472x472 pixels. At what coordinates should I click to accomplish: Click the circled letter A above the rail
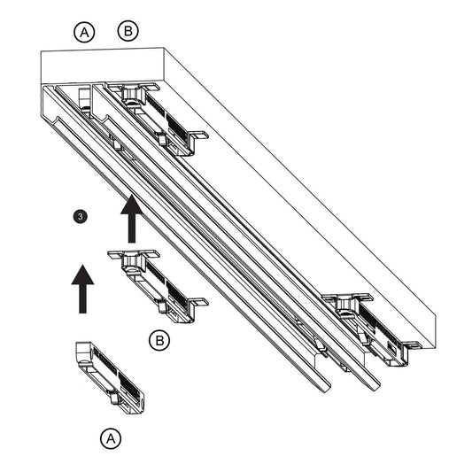click(x=84, y=32)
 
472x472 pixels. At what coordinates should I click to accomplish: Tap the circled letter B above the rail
click(x=128, y=31)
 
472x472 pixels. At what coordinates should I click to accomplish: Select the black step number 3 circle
click(x=80, y=217)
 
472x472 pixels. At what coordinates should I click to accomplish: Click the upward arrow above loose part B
click(x=132, y=219)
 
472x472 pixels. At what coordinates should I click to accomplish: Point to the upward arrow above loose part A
click(x=82, y=289)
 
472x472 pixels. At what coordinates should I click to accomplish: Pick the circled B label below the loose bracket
click(x=159, y=341)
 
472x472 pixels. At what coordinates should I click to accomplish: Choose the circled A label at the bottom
click(x=111, y=438)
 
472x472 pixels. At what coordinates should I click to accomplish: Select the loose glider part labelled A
click(x=110, y=377)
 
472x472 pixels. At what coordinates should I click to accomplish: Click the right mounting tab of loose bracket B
click(x=197, y=301)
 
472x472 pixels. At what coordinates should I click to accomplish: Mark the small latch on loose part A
click(x=114, y=398)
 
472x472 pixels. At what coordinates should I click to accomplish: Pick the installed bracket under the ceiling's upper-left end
click(x=158, y=119)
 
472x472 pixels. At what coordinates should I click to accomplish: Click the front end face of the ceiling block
click(x=103, y=66)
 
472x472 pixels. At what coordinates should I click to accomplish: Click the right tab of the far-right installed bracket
click(x=413, y=345)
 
